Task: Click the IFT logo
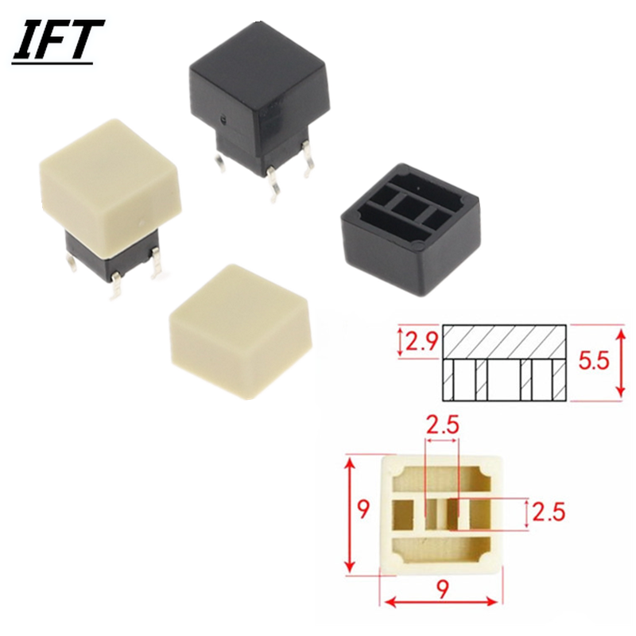[58, 41]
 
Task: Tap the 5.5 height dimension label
[593, 360]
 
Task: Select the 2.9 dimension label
[422, 343]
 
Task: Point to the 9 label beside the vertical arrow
[364, 510]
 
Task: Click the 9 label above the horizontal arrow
[443, 588]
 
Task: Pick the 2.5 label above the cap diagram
[443, 425]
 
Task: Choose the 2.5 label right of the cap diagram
[549, 512]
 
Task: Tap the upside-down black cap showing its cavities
[411, 230]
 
